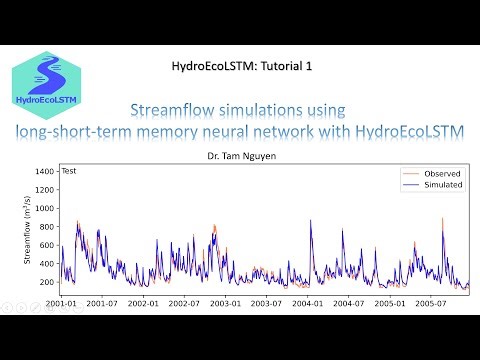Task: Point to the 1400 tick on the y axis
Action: pyautogui.click(x=43, y=172)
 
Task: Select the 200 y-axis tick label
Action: pyautogui.click(x=46, y=282)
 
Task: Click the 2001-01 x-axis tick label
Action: pyautogui.click(x=62, y=301)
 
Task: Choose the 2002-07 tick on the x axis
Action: pyautogui.click(x=185, y=301)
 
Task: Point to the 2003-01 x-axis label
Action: pyautogui.click(x=226, y=301)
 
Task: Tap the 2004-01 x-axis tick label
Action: pyautogui.click(x=308, y=301)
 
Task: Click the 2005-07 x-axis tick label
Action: pyautogui.click(x=430, y=301)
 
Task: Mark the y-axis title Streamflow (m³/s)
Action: pyautogui.click(x=28, y=232)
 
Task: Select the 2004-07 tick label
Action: pyautogui.click(x=348, y=301)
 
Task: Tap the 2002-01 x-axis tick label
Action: pyautogui.click(x=144, y=301)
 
